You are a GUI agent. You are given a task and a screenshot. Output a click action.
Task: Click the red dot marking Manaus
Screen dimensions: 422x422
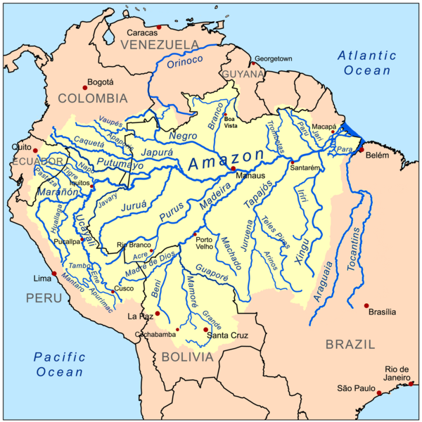coord(233,169)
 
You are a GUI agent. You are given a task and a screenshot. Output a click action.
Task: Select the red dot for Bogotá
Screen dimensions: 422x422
coord(85,87)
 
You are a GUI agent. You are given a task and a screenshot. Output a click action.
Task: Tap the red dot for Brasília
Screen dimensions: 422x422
coord(367,306)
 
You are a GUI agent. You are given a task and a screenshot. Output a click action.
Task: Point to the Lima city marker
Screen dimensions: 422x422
coord(54,274)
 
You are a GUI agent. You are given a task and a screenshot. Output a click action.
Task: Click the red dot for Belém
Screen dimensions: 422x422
coord(362,150)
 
